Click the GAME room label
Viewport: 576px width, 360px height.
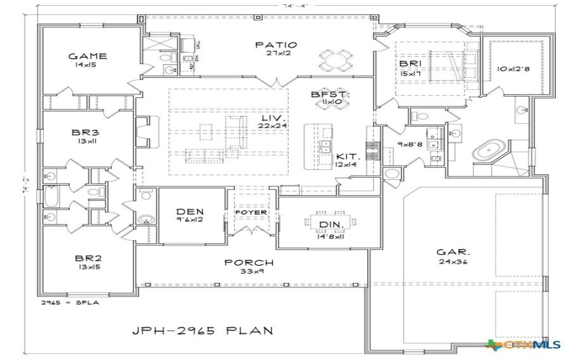pyautogui.click(x=87, y=56)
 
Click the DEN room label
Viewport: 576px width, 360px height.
pyautogui.click(x=190, y=211)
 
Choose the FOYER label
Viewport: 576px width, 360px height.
pyautogui.click(x=250, y=213)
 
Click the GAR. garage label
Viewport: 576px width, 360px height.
pyautogui.click(x=454, y=253)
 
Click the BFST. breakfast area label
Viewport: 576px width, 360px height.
pyautogui.click(x=330, y=94)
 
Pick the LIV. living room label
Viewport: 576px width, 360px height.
pyautogui.click(x=272, y=117)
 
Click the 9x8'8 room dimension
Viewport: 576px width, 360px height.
pyautogui.click(x=411, y=144)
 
